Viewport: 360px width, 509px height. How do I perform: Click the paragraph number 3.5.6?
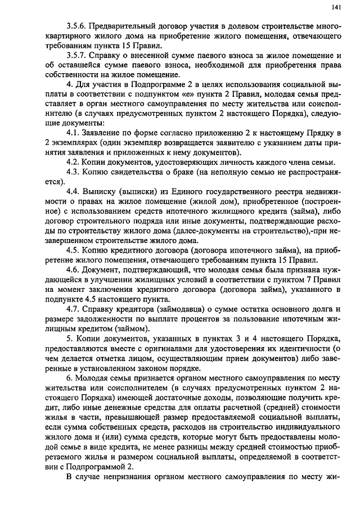(76, 26)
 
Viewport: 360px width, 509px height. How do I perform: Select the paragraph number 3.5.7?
(76, 56)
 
